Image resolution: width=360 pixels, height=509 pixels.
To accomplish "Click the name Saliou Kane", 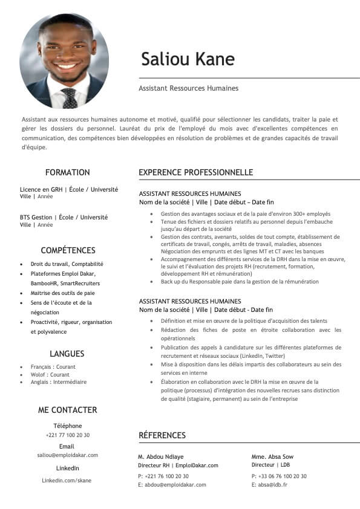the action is click(188, 59).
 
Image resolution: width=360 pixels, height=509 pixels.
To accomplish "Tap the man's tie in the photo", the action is click(69, 97).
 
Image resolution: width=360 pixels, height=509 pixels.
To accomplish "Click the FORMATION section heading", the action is click(67, 172).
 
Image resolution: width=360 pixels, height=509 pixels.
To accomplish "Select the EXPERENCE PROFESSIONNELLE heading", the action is click(195, 172).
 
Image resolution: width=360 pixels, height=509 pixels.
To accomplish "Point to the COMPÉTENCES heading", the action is click(68, 250).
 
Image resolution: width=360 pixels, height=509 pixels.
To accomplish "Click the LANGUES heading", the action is click(67, 354).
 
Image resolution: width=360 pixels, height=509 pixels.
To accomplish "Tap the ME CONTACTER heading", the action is click(67, 410).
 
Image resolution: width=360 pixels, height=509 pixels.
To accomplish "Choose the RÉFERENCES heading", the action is click(162, 435).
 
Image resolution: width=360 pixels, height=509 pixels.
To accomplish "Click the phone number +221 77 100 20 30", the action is click(67, 435).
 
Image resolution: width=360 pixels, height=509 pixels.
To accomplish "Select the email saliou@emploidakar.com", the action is click(67, 455).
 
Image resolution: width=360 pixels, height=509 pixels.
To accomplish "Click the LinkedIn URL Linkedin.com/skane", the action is click(67, 480).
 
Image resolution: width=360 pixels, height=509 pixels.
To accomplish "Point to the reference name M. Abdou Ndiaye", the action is click(160, 457).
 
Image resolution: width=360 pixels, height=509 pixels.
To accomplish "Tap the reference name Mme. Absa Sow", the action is click(272, 457).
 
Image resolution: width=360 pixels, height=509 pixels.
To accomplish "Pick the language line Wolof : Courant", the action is click(50, 375).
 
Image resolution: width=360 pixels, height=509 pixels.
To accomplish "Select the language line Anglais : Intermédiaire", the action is click(59, 382).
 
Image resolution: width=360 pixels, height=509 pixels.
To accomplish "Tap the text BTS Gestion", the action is click(36, 217).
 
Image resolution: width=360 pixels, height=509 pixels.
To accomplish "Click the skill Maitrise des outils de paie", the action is click(62, 293).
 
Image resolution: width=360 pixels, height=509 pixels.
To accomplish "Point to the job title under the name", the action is click(188, 88).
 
